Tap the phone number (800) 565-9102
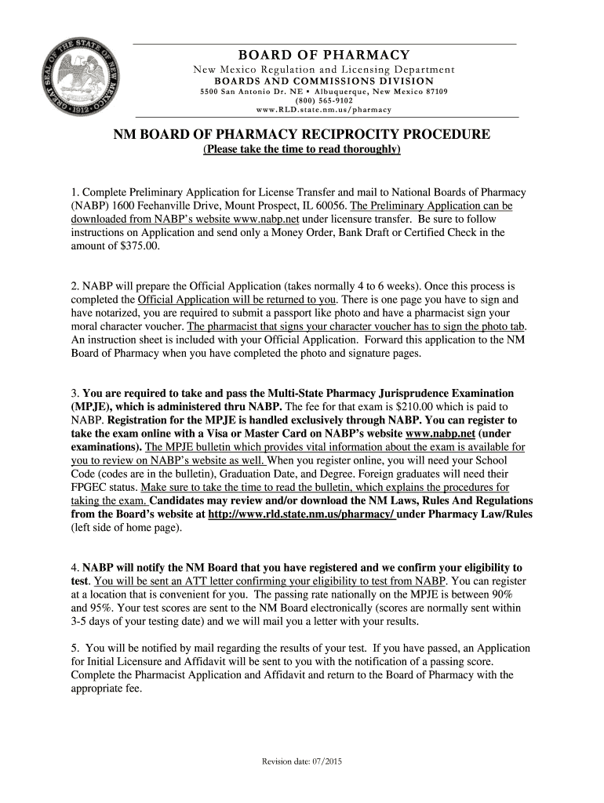point(324,101)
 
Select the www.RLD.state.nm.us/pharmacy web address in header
point(324,111)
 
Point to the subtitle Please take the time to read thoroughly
point(302,149)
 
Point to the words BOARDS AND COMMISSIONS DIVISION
point(324,81)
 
